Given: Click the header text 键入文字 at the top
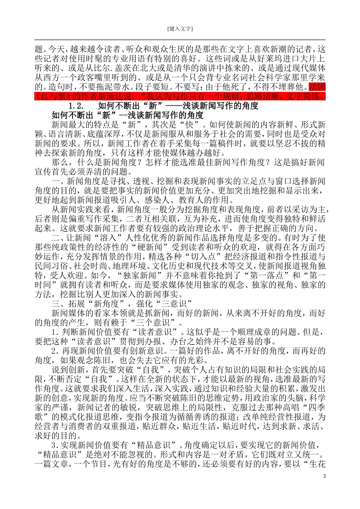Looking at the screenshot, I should click(180, 29).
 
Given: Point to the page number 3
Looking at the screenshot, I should click(324, 476).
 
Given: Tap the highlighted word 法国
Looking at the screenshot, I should click(317, 87).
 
